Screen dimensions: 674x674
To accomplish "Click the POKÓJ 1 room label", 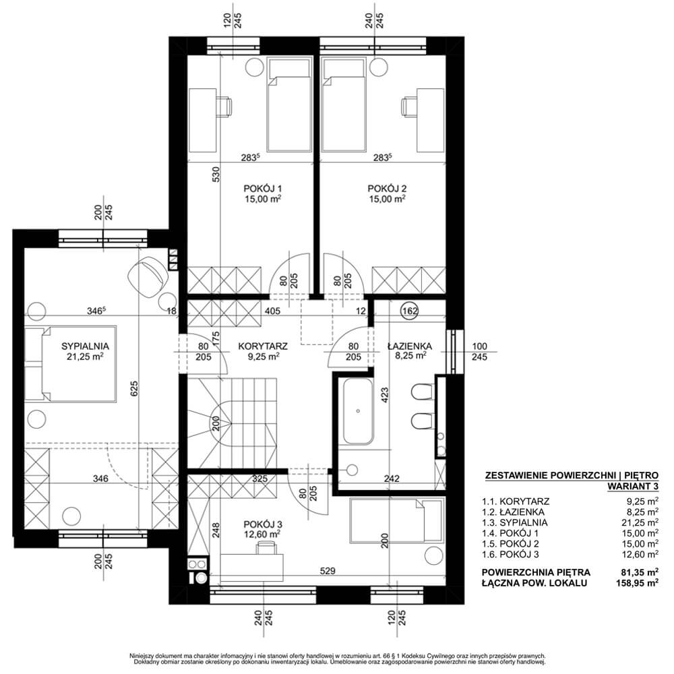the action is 263,188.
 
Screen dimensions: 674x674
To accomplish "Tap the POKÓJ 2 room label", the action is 387,188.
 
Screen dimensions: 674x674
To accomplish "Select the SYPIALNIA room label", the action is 85,346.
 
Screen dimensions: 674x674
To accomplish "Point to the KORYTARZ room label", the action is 263,346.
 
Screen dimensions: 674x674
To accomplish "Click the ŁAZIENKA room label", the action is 410,345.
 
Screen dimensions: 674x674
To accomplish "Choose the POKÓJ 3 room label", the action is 263,524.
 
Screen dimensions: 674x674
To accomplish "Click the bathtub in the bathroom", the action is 358,411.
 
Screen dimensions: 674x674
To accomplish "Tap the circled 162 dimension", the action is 410,311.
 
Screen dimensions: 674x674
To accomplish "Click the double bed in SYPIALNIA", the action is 71,364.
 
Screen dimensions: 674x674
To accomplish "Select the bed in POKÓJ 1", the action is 289,105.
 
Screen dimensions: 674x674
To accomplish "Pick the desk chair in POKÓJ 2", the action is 409,106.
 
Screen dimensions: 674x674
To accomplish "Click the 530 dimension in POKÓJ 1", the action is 216,174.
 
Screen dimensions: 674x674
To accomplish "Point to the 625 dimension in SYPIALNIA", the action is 134,389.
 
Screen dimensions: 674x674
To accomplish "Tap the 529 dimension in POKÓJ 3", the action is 328,571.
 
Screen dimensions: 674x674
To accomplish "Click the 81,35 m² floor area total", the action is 638,572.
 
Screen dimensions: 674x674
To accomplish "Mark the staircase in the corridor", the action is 232,423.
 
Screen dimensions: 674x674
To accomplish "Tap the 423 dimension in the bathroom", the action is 385,395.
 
